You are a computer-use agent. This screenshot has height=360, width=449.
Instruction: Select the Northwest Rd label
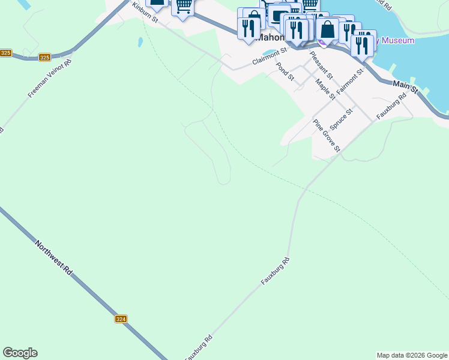tap(54, 258)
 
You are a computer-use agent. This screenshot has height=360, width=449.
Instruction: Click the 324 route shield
tap(121, 319)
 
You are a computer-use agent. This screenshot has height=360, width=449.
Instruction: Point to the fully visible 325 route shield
tap(45, 58)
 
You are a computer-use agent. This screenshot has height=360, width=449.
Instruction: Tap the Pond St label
tap(285, 72)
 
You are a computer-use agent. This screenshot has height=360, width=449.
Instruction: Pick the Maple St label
tap(325, 90)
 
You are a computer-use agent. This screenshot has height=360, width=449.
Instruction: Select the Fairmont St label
tap(350, 81)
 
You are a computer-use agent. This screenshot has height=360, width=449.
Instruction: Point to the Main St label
tap(406, 86)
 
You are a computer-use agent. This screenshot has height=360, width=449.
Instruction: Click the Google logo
tap(20, 353)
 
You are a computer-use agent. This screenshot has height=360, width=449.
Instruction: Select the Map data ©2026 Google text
tap(412, 355)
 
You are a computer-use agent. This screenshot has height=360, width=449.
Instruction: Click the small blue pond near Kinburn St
tap(140, 43)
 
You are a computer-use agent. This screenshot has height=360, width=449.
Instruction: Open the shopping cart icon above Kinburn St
tap(183, 6)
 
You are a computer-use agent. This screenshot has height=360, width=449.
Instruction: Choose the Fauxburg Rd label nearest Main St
tap(391, 106)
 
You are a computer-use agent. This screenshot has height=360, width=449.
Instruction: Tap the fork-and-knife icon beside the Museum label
tap(361, 44)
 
